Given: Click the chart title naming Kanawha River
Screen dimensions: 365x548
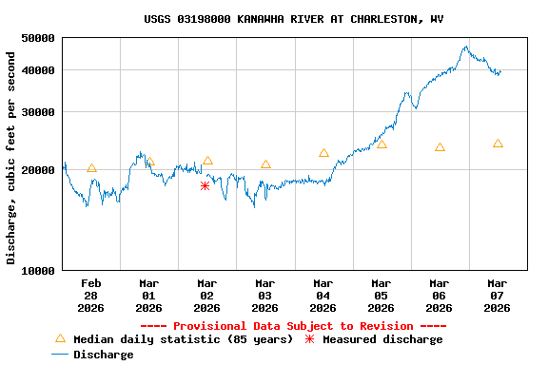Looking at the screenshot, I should click(293, 19).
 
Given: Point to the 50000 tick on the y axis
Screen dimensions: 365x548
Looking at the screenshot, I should click(38, 38).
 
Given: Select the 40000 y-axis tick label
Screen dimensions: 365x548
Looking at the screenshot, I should click(38, 70).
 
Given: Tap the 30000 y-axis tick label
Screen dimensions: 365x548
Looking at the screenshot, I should click(38, 112).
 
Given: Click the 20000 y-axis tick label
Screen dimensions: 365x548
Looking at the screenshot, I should click(38, 170).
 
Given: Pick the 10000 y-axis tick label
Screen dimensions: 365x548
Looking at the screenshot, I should click(38, 271).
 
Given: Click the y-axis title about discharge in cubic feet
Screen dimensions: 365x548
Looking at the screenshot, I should click(11, 158).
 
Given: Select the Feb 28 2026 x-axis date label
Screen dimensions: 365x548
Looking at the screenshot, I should click(91, 295).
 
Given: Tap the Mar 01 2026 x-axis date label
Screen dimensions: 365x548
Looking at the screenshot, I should click(149, 295).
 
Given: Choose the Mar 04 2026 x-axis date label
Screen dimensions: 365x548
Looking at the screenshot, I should click(323, 295).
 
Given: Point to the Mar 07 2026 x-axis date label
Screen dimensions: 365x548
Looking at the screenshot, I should click(498, 295).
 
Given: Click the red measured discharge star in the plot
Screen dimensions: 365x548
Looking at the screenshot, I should click(205, 186).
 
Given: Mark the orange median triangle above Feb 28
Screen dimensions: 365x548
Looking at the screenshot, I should click(91, 168).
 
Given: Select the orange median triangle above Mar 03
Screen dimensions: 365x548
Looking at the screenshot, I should click(265, 164).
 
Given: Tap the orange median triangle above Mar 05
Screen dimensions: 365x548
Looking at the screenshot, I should click(382, 144).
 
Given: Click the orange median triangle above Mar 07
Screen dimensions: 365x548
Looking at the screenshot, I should click(498, 144).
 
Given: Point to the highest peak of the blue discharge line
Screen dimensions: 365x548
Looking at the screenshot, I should click(466, 47).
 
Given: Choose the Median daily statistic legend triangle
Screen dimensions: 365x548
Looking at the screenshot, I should click(60, 338).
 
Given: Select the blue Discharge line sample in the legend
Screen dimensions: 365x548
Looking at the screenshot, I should click(60, 355).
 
